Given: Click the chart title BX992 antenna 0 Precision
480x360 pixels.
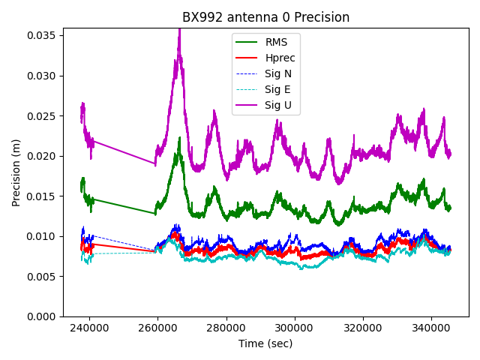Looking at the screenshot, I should coord(265,17).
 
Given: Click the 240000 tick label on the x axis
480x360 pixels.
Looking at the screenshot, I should coord(89,328).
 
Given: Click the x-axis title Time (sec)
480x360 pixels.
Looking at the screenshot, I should coord(265,343).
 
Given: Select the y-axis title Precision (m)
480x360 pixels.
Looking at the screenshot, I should coord(16,172).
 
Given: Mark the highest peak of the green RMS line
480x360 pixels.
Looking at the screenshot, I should coord(179,139).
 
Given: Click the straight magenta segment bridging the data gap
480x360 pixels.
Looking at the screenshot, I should coord(124,152).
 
